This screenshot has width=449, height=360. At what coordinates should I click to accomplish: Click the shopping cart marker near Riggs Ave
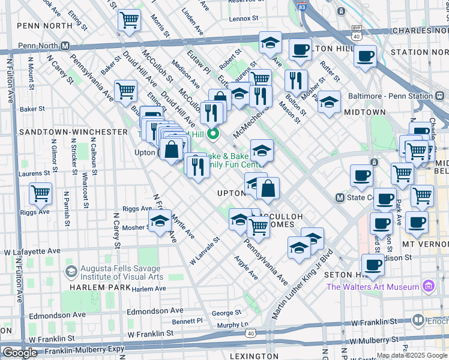click(x=40, y=194)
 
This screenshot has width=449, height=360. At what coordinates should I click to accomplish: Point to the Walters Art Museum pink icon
click(x=429, y=286)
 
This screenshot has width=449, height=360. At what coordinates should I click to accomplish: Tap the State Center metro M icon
click(x=340, y=197)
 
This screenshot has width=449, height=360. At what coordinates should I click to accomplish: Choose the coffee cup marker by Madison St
click(x=373, y=265)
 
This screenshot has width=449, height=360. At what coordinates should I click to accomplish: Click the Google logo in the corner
click(x=20, y=352)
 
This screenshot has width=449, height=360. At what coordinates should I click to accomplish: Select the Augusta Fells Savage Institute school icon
click(x=71, y=272)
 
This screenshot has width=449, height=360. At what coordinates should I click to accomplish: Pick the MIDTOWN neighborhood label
click(x=365, y=112)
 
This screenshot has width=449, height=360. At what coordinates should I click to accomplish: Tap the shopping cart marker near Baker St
click(x=125, y=91)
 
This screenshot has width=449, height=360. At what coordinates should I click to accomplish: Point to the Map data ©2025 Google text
click(x=411, y=355)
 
